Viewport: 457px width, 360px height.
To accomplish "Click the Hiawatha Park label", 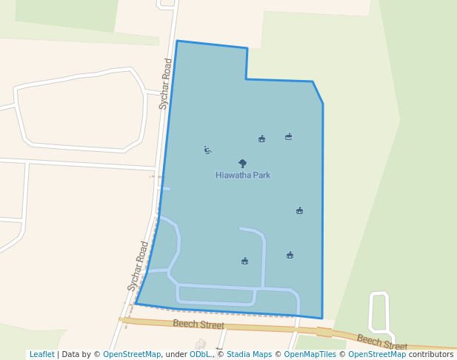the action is pyautogui.click(x=243, y=176).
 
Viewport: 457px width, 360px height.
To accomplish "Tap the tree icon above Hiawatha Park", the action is pyautogui.click(x=242, y=164).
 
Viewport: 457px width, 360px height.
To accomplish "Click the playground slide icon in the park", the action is pyautogui.click(x=207, y=150).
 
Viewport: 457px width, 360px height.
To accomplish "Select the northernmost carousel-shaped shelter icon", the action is pyautogui.click(x=288, y=136).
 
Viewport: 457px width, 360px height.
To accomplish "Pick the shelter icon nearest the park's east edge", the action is pyautogui.click(x=299, y=210).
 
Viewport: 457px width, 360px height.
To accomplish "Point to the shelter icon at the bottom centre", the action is pyautogui.click(x=244, y=261).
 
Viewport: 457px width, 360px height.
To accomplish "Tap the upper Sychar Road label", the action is pyautogui.click(x=166, y=84).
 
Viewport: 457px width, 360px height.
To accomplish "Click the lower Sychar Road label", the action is pyautogui.click(x=138, y=265).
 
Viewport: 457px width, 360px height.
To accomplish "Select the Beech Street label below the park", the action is pyautogui.click(x=199, y=324).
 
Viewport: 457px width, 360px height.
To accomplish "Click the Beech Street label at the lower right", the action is pyautogui.click(x=381, y=341).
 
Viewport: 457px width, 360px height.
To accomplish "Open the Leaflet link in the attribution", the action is pyautogui.click(x=41, y=355).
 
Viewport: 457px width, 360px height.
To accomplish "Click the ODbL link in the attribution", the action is pyautogui.click(x=200, y=355).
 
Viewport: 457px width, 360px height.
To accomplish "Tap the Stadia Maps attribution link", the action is pyautogui.click(x=249, y=355).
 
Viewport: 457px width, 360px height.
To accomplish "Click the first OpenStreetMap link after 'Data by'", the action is pyautogui.click(x=132, y=355).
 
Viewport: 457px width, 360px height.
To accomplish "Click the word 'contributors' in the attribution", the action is pyautogui.click(x=431, y=355).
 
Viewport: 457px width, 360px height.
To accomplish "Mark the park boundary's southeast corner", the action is pyautogui.click(x=322, y=318).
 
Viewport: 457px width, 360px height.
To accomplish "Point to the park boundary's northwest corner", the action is pyautogui.click(x=177, y=41).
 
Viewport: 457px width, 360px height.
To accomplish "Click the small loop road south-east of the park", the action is pyautogui.click(x=378, y=312).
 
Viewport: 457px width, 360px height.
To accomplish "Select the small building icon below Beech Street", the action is pyautogui.click(x=200, y=344).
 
